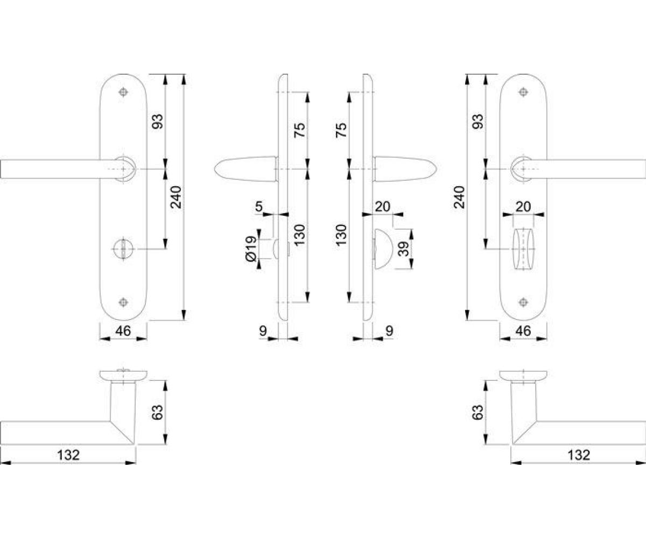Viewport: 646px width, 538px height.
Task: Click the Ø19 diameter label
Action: pos(252,249)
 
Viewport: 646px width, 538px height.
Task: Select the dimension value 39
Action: pos(403,249)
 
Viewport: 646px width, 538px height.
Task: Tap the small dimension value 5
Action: pos(258,206)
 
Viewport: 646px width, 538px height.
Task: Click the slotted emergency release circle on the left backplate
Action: pos(123,249)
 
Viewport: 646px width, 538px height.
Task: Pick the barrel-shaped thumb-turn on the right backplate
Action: pos(523,249)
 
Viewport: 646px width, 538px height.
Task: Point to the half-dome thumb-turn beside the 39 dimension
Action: pos(384,249)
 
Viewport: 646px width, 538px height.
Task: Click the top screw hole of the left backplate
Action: pos(123,92)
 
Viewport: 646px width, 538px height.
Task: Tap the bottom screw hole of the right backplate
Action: pos(523,302)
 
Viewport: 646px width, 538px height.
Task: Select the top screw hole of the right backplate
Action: pos(523,92)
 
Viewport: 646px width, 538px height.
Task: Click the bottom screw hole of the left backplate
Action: pos(123,302)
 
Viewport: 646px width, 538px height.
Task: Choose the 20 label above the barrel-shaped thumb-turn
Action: pos(523,206)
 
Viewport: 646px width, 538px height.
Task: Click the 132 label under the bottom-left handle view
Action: pos(68,455)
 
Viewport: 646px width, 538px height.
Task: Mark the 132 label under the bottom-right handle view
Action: pos(579,455)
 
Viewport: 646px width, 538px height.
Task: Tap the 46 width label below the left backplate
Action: pos(123,331)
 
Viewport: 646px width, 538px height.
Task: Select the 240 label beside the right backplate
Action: pos(459,197)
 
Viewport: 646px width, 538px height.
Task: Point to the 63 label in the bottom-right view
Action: pos(478,413)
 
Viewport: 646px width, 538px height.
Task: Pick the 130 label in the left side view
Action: pos(299,235)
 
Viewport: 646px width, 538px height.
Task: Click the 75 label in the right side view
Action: pos(341,130)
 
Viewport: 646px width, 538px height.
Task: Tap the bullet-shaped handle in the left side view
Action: pos(245,169)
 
